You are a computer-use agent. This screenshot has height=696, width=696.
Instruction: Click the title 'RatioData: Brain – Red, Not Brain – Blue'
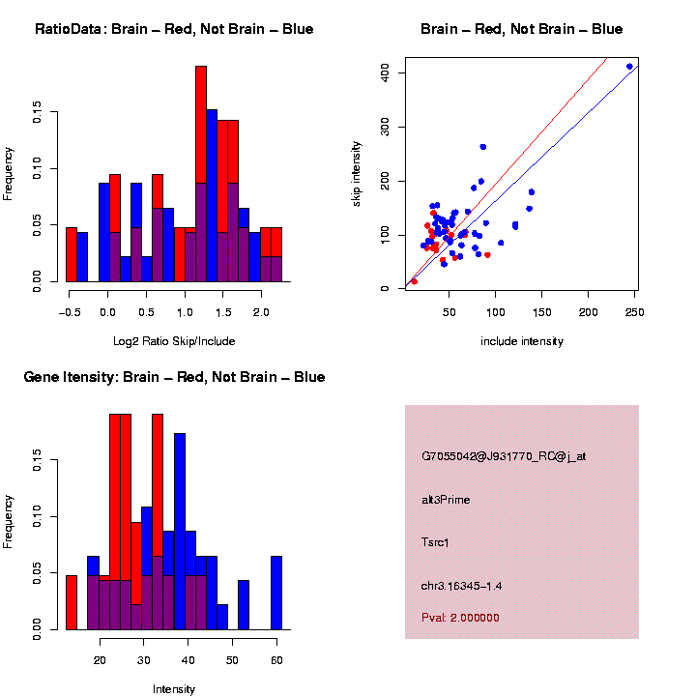pos(174,29)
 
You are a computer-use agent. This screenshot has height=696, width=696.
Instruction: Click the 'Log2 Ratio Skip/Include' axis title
pos(173,341)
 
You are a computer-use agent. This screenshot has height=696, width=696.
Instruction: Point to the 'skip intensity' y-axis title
pos(356,172)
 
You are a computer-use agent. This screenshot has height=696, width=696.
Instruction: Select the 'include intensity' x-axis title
pos(521,341)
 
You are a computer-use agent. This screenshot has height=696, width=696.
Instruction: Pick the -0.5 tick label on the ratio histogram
pos(68,312)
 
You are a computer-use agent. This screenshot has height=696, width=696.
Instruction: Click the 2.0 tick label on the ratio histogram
pos(260,312)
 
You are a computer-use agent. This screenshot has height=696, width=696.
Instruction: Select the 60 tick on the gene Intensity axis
pos(275,660)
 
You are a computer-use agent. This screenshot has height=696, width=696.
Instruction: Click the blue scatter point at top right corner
pos(629,67)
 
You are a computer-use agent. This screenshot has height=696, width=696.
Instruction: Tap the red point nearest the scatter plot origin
pos(414,281)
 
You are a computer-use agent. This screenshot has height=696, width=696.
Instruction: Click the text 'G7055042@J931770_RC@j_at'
pos(504,456)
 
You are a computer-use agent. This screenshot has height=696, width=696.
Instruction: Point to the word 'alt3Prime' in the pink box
pos(446,500)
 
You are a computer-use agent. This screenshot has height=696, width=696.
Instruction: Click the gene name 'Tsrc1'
pos(435,542)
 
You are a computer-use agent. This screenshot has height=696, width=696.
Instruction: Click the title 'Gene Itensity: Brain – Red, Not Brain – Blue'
pos(174,377)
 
